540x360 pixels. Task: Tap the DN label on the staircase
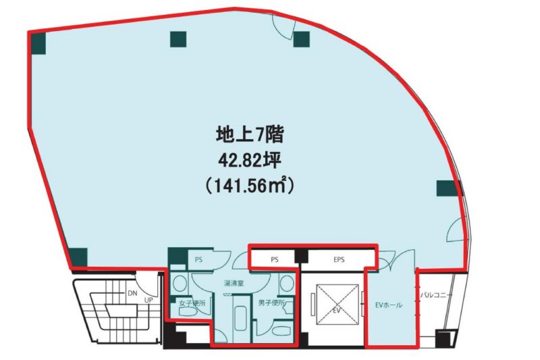coord(134,293)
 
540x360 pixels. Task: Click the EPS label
coord(338,258)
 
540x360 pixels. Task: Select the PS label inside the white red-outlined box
coord(274,258)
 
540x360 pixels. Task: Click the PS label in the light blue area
coord(198,258)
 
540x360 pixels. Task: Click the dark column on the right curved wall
coord(446,188)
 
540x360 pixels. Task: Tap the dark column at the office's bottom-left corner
coord(79,256)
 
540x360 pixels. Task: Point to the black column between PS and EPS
coord(301,257)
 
